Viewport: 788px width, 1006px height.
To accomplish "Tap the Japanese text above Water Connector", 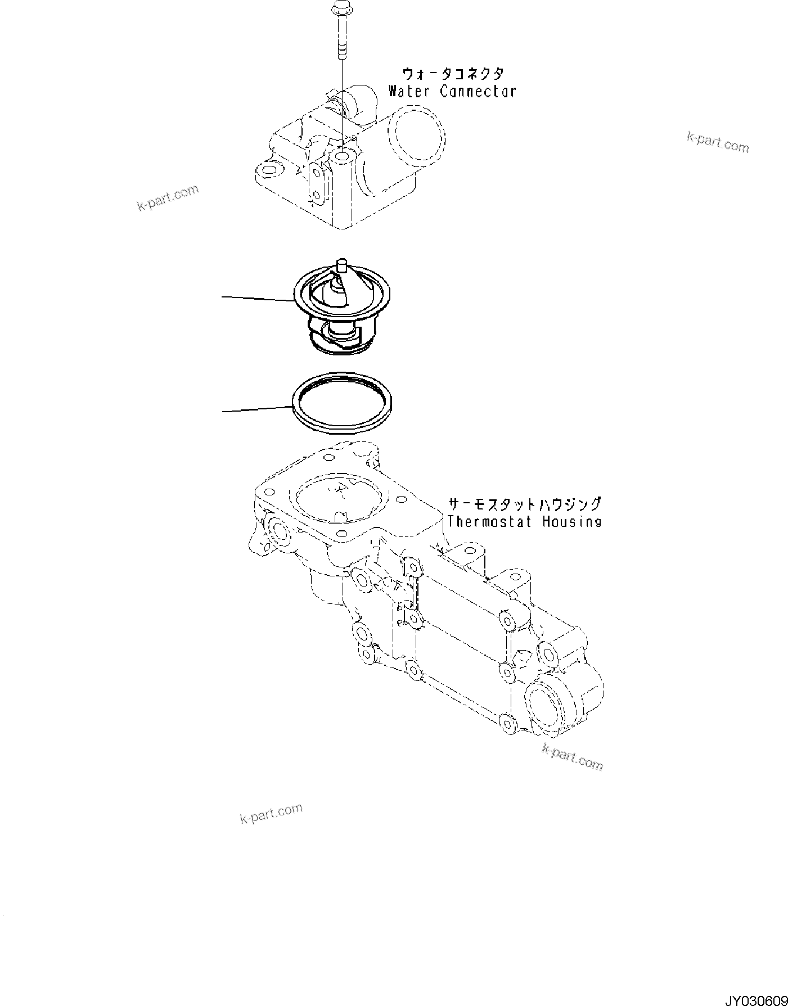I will tap(452, 74).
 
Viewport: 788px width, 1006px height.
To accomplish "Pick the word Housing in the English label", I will tap(571, 521).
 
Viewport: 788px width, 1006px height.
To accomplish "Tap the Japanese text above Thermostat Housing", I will tap(524, 503).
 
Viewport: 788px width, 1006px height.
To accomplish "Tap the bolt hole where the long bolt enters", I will tap(342, 154).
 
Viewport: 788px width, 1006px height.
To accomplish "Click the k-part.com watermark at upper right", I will tap(718, 142).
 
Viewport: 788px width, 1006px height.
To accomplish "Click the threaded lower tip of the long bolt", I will tap(341, 52).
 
